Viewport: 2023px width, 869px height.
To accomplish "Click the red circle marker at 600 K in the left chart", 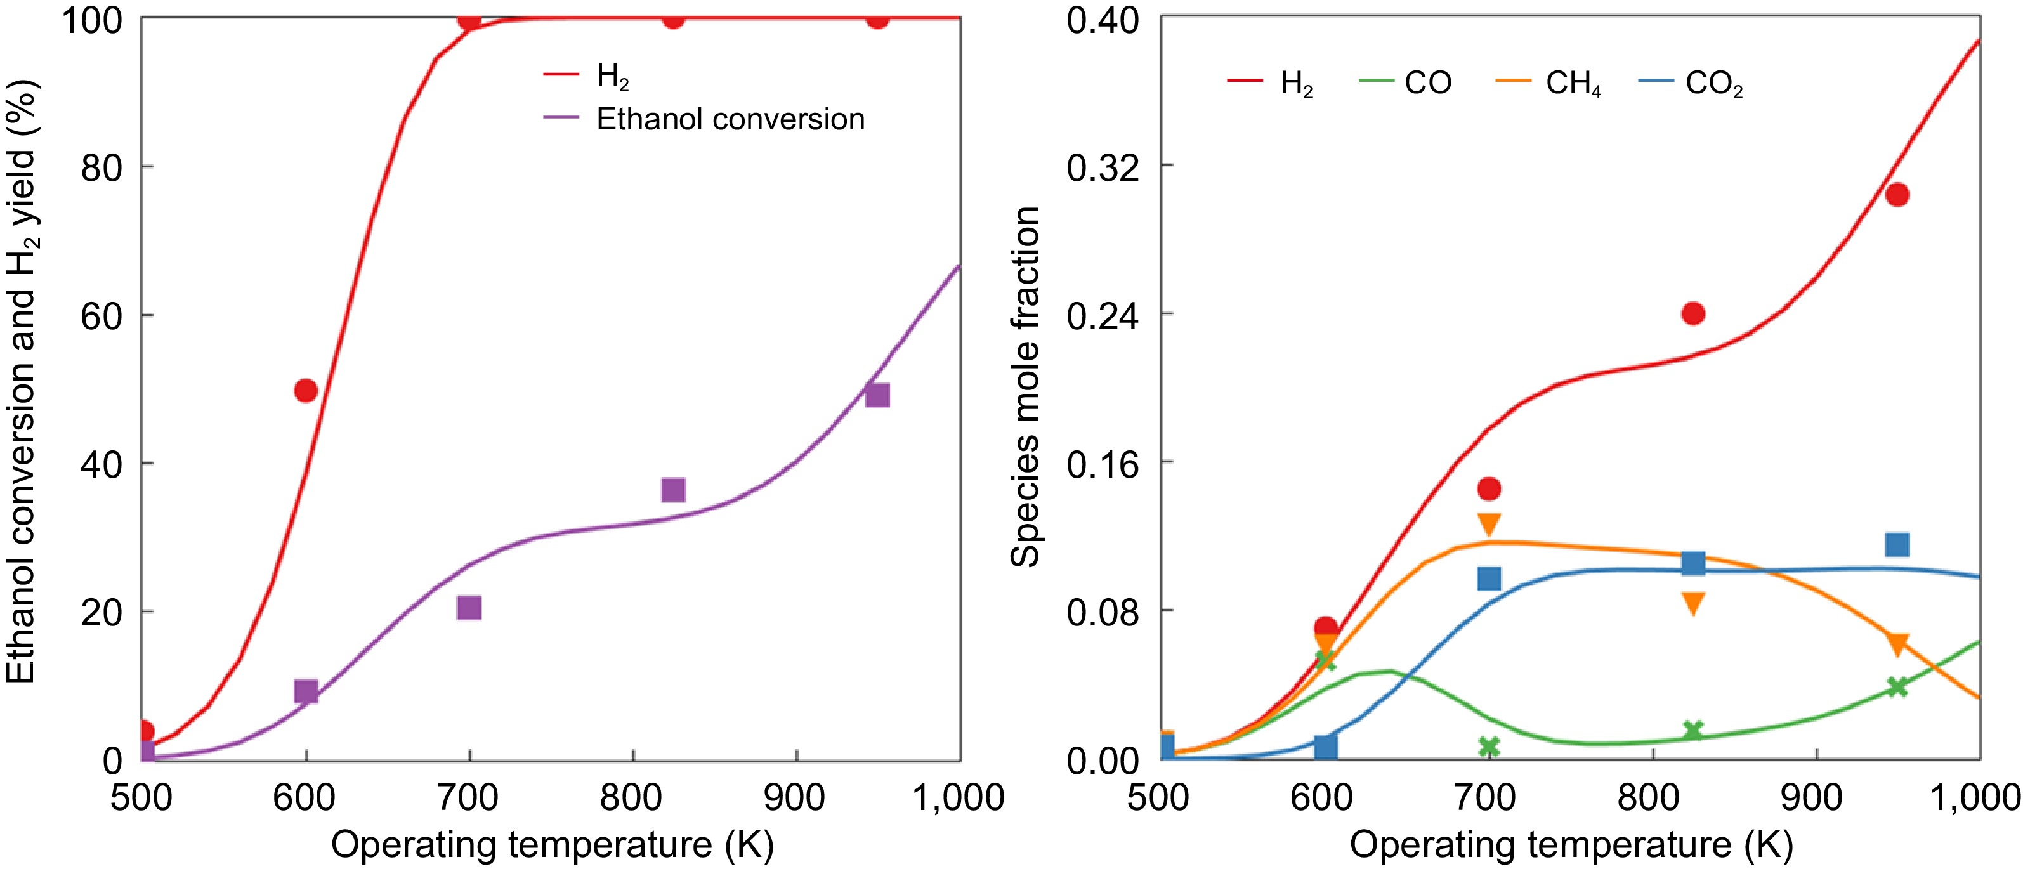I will (x=306, y=390).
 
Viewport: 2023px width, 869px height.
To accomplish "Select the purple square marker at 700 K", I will (x=469, y=608).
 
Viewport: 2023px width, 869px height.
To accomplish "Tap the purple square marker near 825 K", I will (x=673, y=490).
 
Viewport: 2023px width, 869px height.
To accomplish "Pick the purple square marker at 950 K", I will (x=877, y=395).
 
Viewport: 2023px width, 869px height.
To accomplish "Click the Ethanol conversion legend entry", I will (x=730, y=119).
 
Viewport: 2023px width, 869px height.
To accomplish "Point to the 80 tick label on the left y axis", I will (x=101, y=167).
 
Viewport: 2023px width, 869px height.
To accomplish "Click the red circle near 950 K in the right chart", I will (x=1897, y=195).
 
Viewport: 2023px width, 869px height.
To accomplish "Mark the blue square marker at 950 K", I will (x=1897, y=544).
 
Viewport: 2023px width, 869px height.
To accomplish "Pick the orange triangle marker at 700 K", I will (x=1489, y=523).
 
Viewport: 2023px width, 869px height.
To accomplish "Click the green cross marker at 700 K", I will (x=1489, y=746).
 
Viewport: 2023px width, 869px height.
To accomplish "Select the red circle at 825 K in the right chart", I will (x=1693, y=313).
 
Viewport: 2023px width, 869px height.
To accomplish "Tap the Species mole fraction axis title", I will (x=1025, y=386).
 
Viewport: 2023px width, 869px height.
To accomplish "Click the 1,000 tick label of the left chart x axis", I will (x=957, y=797).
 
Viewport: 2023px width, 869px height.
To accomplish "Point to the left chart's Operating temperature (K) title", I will (x=552, y=845).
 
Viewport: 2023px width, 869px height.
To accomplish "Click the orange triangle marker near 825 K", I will (x=1693, y=602).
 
